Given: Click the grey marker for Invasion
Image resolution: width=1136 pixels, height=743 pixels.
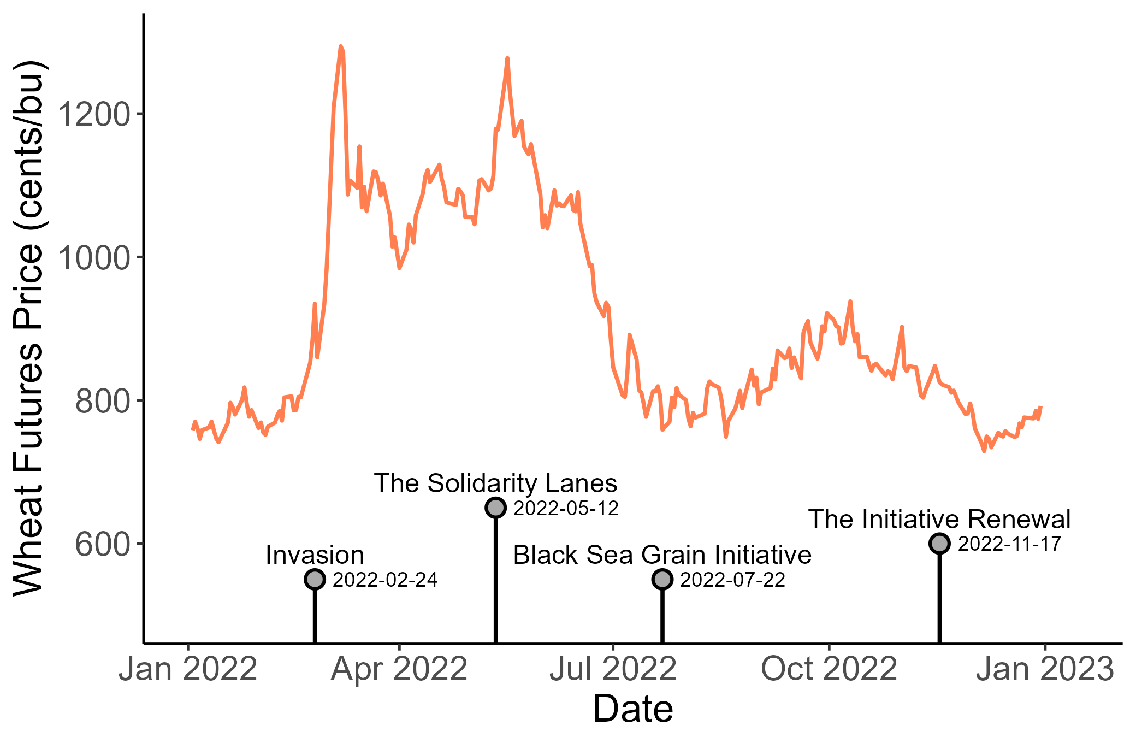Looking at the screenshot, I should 315,579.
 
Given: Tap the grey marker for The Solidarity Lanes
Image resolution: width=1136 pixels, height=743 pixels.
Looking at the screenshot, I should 495,508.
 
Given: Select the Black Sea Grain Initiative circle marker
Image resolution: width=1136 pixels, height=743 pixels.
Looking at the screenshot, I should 662,579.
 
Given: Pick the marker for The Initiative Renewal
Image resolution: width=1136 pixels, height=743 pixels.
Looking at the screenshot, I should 939,544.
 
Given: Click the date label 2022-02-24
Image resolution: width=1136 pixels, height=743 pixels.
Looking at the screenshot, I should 385,580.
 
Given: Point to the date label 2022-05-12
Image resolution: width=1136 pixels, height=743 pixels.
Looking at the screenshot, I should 566,509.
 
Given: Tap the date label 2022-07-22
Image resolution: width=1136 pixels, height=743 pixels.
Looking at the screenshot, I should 732,580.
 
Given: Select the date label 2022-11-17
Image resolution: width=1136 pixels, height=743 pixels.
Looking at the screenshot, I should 1009,544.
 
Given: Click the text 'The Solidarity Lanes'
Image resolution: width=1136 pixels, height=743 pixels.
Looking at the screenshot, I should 495,483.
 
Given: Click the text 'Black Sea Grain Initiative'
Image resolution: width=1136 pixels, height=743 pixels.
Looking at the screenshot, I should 662,555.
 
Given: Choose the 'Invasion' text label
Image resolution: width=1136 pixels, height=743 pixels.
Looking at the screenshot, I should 315,555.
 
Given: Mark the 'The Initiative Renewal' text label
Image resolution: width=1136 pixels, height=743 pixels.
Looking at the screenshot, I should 939,520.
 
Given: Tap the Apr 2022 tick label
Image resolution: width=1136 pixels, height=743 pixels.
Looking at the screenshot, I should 399,669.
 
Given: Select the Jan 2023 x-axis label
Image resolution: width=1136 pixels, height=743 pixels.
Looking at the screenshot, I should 1045,669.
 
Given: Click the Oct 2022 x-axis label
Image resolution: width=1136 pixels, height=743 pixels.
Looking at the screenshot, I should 829,669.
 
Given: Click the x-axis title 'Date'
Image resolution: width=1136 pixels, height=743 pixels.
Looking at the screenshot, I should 633,709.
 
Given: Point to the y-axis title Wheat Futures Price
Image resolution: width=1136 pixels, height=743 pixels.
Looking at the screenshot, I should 28,328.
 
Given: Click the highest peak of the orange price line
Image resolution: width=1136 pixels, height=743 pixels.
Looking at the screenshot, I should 340,47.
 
